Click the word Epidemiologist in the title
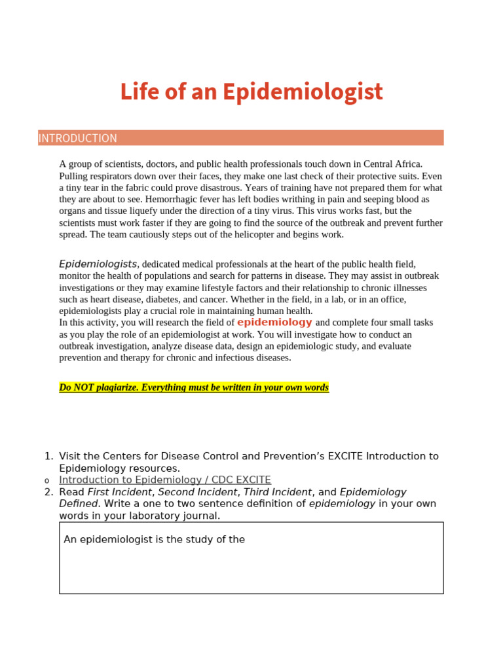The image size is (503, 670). pos(302,92)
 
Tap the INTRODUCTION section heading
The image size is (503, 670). pos(78,138)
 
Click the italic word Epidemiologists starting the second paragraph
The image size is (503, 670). pos(98,264)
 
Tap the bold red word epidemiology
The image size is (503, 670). pos(274,322)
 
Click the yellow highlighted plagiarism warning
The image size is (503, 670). pos(194,387)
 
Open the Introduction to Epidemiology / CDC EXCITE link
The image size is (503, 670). pos(165,480)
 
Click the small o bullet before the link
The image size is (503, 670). pos(47,481)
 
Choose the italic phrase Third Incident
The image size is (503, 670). pos(278,492)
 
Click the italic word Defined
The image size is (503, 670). pos(78,504)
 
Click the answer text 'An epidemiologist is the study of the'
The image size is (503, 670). pos(155,540)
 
